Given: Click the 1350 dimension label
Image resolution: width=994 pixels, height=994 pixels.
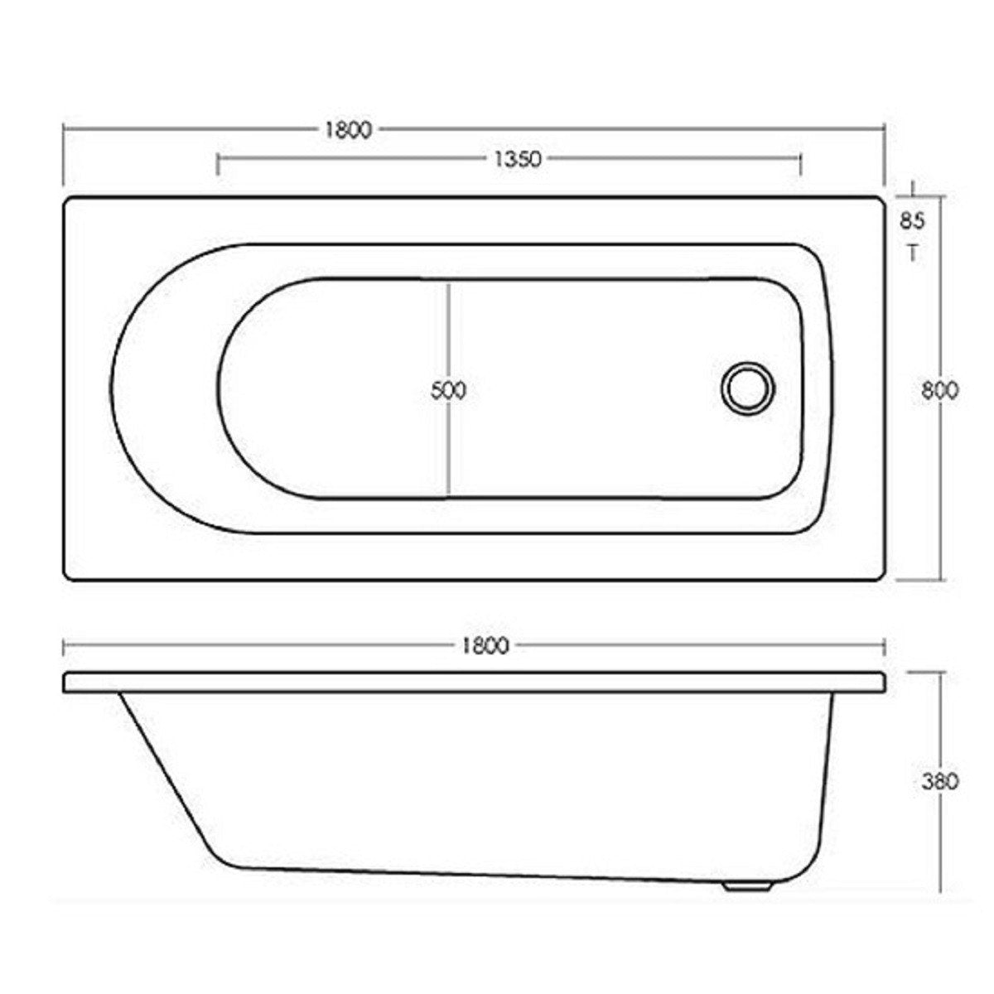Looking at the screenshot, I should (x=517, y=159).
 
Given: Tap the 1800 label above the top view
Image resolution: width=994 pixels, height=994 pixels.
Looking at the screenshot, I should (x=348, y=130).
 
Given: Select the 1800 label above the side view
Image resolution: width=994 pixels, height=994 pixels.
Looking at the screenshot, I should (x=485, y=645).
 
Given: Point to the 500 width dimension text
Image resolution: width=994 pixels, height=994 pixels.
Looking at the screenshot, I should (x=448, y=390).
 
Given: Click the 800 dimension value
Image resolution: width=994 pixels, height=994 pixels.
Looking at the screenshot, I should (x=940, y=390).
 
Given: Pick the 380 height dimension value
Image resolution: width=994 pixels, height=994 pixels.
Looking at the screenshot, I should (x=940, y=780).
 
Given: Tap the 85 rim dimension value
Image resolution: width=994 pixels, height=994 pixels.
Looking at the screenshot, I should (x=912, y=221).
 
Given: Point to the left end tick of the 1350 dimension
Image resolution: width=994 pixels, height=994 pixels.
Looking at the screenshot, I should (x=217, y=162).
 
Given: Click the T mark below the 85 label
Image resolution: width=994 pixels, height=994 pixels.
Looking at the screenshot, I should (x=912, y=253).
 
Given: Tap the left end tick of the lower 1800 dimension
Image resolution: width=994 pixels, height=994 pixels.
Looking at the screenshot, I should (x=64, y=646).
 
